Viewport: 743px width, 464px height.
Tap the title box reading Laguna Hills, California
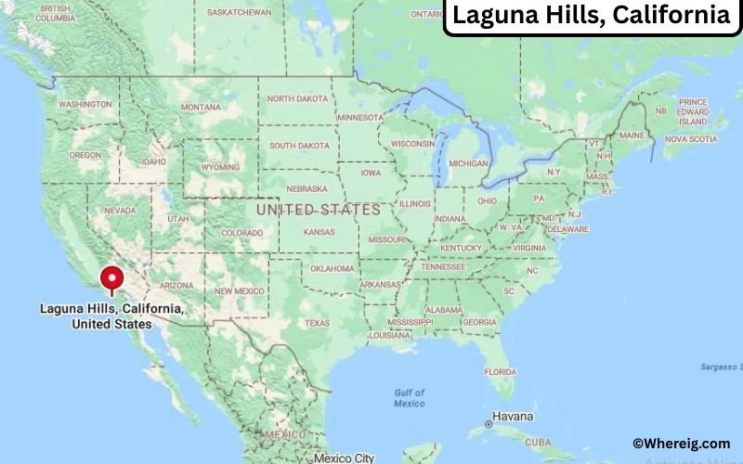[591, 16]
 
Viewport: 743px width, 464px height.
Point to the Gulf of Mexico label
[409, 398]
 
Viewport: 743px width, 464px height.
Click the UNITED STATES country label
[319, 210]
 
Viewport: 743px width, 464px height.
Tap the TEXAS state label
[317, 323]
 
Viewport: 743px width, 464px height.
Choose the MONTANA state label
[201, 108]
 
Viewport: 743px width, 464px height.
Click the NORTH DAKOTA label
[298, 99]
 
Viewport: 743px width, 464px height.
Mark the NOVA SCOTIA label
[690, 139]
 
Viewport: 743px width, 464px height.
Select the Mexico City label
[343, 458]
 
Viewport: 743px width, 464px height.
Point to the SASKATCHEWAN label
[239, 12]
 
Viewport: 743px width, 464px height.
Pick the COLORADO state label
[241, 233]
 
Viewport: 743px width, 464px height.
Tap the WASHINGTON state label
[85, 105]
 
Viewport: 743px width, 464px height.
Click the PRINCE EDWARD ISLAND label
[692, 111]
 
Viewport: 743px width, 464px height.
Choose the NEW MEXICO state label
[238, 290]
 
